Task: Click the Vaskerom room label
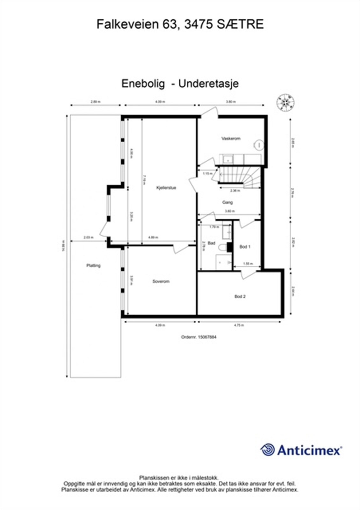point(231,139)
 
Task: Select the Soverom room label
point(161,281)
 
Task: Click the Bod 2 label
point(240,296)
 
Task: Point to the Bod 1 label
point(245,247)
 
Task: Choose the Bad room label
point(211,243)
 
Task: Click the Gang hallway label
point(227,202)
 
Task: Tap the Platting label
point(93,266)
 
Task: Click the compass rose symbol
point(285,102)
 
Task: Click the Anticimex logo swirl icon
point(268,450)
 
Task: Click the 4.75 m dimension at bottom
point(239,325)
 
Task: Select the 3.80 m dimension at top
point(231,102)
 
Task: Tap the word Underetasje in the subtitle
point(208,84)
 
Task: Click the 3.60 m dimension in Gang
point(230,211)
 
